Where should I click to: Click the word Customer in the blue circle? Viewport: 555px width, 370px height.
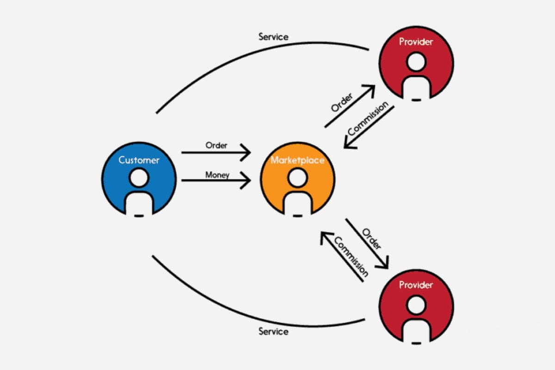click(139, 160)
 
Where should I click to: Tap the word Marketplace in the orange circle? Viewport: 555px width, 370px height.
click(297, 160)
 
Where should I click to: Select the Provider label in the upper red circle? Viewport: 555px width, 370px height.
click(416, 42)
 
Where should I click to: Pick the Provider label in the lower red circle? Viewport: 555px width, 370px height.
click(416, 284)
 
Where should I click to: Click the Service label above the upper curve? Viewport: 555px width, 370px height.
click(273, 36)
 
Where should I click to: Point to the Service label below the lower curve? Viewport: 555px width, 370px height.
click(273, 331)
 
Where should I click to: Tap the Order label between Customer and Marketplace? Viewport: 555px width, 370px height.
click(216, 145)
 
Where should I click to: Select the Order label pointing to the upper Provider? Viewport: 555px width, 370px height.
click(342, 103)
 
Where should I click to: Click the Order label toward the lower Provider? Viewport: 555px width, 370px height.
click(371, 238)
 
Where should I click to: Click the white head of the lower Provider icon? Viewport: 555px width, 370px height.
click(416, 304)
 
